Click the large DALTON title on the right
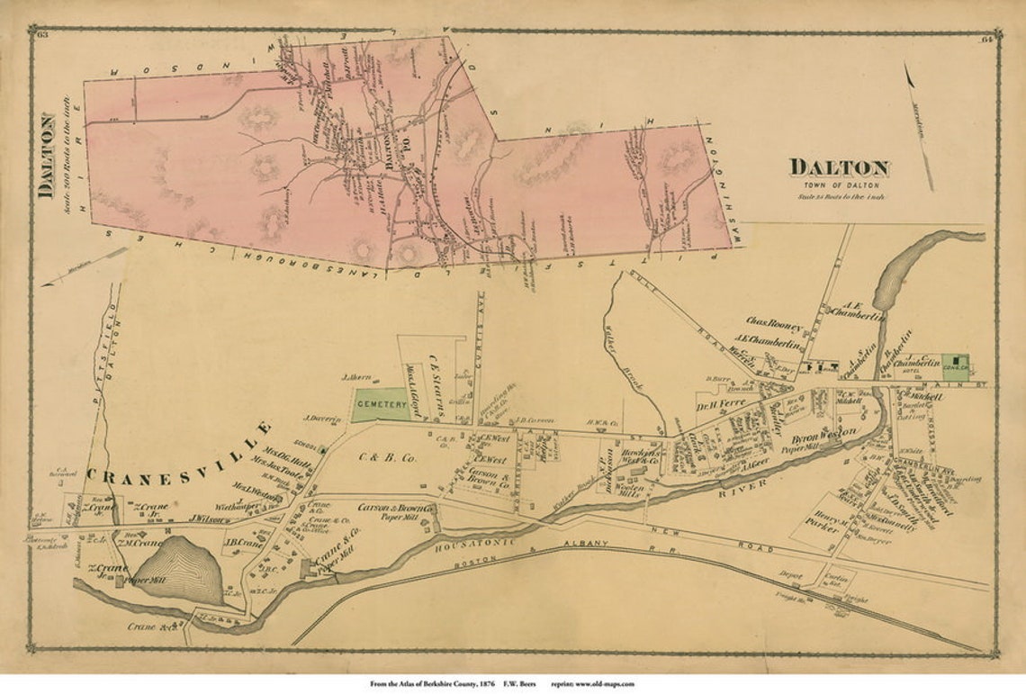839,167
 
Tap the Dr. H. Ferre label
722,404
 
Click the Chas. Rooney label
774,320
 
